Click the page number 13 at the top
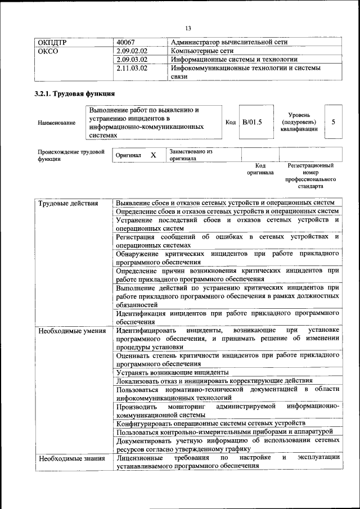coord(188,29)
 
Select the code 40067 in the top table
coord(126,42)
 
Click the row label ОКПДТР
coord(52,42)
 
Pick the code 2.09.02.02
coord(132,51)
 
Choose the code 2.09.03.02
coord(132,59)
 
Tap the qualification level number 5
coord(334,122)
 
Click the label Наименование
coord(56,123)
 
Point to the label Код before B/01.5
coord(231,122)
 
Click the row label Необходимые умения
coord(72,330)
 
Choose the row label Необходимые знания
coord(71,458)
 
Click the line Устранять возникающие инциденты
coord(172,372)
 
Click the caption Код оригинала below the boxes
coord(260,169)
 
